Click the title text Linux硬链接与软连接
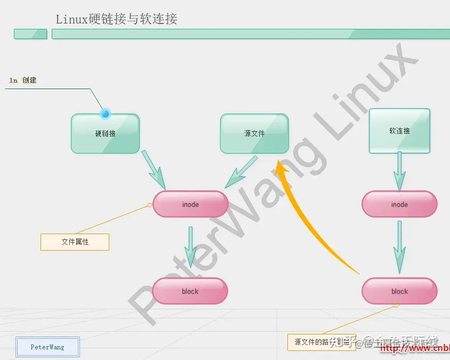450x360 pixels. [x=116, y=19]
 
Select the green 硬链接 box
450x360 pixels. [x=105, y=133]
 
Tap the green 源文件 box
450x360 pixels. [x=254, y=133]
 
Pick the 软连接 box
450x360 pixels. [x=399, y=131]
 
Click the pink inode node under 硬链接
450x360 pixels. [x=190, y=204]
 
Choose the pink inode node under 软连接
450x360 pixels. [x=399, y=204]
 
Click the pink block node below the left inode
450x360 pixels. [x=190, y=291]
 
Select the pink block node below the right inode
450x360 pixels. [x=399, y=291]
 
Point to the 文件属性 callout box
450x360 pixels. [x=75, y=242]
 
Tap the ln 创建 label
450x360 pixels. [x=23, y=81]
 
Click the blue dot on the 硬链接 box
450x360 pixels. [x=105, y=113]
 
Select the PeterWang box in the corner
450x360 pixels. [x=47, y=347]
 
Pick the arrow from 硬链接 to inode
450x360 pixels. [x=154, y=170]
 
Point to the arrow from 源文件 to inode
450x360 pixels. [x=242, y=172]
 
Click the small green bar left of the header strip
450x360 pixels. [x=30, y=34]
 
